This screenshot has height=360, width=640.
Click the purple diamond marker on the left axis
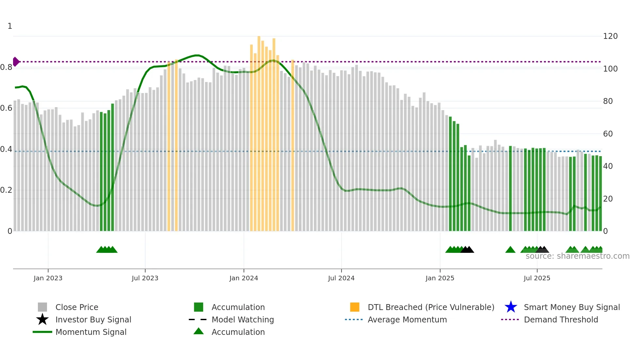[16, 61]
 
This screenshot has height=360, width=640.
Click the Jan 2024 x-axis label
[244, 278]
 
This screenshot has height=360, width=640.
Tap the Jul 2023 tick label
[145, 278]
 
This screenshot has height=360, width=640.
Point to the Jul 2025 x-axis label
[537, 278]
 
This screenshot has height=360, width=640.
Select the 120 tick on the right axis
[610, 36]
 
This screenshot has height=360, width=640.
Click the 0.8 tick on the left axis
[6, 67]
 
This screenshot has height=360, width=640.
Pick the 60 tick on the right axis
[608, 134]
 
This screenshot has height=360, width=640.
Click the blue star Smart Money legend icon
[511, 307]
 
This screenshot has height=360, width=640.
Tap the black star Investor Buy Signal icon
[42, 319]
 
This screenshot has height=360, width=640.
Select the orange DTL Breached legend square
[355, 307]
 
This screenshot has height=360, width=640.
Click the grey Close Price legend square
[42, 307]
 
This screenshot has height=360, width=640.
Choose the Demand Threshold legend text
[561, 319]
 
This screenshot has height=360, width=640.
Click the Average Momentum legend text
[407, 319]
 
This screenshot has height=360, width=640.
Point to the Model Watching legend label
[243, 319]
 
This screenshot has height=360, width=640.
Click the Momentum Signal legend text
[91, 332]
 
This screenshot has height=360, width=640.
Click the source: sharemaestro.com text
[577, 256]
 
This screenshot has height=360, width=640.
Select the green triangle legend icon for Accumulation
[199, 332]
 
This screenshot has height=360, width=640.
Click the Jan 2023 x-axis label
[48, 278]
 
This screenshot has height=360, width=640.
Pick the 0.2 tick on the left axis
[6, 190]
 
